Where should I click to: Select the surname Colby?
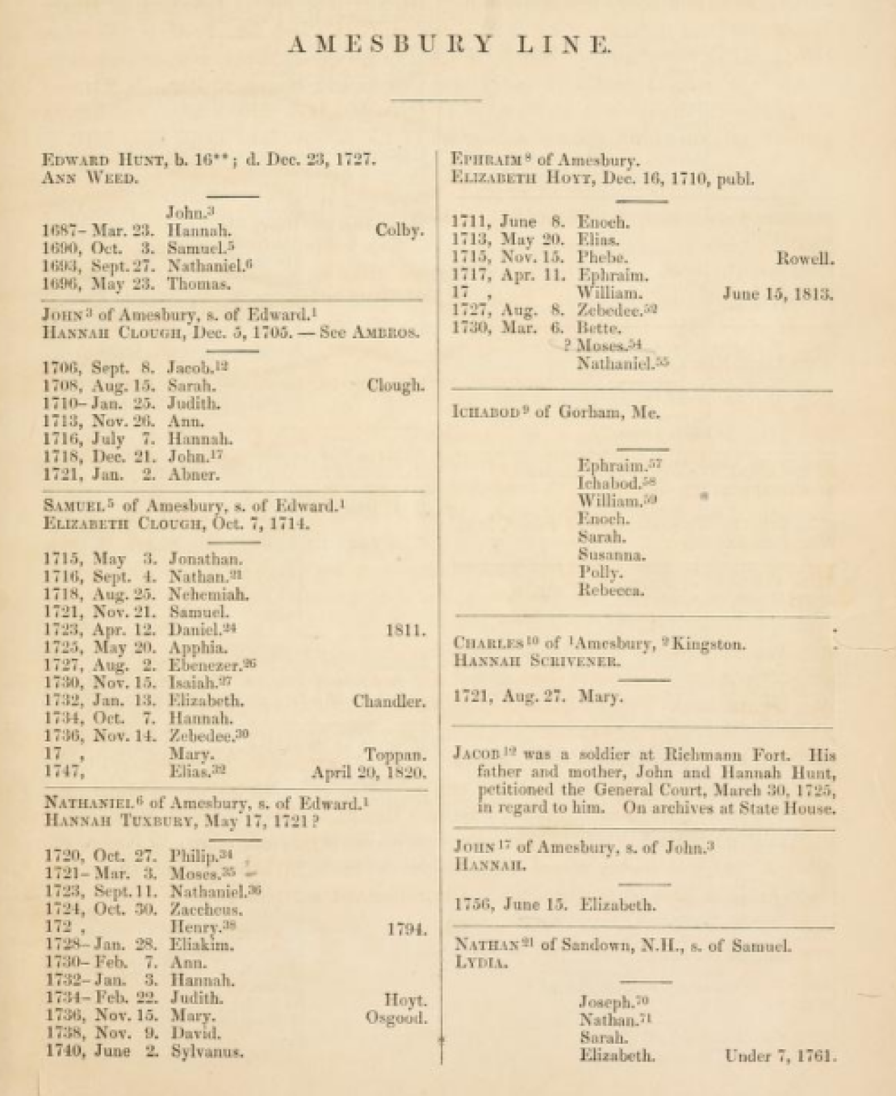tap(399, 230)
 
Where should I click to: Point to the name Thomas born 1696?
tap(199, 284)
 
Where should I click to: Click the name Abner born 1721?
tap(194, 474)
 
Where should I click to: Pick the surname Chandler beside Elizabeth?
tap(388, 700)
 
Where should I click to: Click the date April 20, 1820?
tap(369, 772)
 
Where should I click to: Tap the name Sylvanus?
tap(207, 1051)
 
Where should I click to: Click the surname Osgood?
tap(395, 1017)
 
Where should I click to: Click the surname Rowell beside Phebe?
tap(805, 258)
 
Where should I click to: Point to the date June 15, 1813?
tap(778, 293)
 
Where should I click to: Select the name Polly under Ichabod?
tap(600, 572)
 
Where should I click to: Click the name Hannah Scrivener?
tap(536, 660)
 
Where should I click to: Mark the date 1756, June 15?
tap(510, 904)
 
